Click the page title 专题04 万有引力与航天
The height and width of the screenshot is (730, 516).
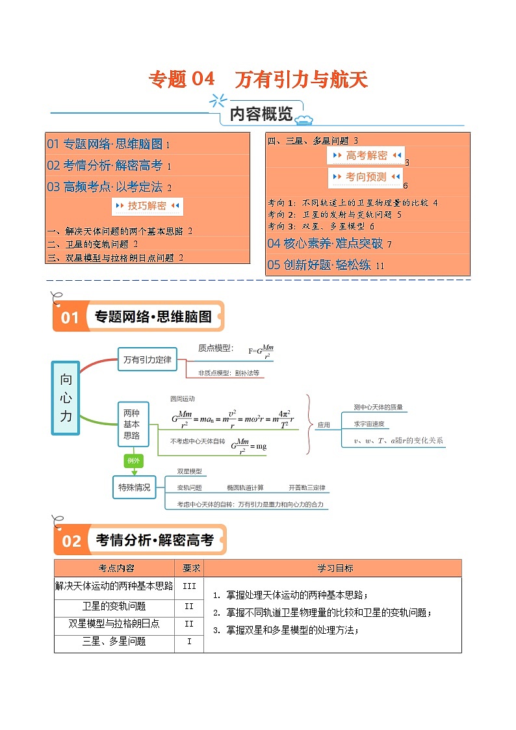pyautogui.click(x=258, y=79)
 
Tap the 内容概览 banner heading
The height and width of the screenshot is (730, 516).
pyautogui.click(x=261, y=114)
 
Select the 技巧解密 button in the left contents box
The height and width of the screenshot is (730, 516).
pyautogui.click(x=148, y=206)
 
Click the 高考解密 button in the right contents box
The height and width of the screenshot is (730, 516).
pyautogui.click(x=366, y=155)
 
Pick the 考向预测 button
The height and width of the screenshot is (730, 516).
pyautogui.click(x=365, y=177)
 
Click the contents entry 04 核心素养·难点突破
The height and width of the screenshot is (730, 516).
pyautogui.click(x=329, y=244)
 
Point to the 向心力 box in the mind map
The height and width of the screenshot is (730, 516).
pyautogui.click(x=66, y=398)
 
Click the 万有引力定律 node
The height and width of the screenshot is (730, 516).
pyautogui.click(x=147, y=359)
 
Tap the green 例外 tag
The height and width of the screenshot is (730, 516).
pyautogui.click(x=133, y=461)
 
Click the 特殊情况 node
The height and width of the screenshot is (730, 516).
pyautogui.click(x=134, y=487)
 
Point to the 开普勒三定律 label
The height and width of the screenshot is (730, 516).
pyautogui.click(x=307, y=488)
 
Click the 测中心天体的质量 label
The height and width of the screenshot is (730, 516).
pyautogui.click(x=378, y=408)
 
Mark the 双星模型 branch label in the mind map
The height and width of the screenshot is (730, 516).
pyautogui.click(x=190, y=471)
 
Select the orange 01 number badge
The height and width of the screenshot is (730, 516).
pyautogui.click(x=70, y=317)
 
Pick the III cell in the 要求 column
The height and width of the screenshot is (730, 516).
pyautogui.click(x=189, y=586)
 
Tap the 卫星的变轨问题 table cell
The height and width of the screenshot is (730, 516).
pyautogui.click(x=114, y=606)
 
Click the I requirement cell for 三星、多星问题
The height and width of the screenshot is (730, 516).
pyautogui.click(x=189, y=642)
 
